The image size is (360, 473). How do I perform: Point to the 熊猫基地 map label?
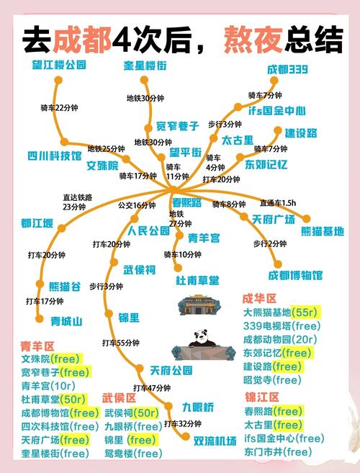[x=321, y=231]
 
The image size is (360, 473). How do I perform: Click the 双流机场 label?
[x=215, y=439]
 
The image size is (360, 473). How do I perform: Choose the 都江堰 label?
[x=37, y=222]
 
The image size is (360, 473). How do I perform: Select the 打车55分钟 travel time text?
[x=121, y=342]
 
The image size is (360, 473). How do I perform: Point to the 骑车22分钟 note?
[x=60, y=108]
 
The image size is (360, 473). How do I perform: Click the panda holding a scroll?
[x=198, y=345]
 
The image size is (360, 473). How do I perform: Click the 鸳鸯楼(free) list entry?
[x=133, y=454]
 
